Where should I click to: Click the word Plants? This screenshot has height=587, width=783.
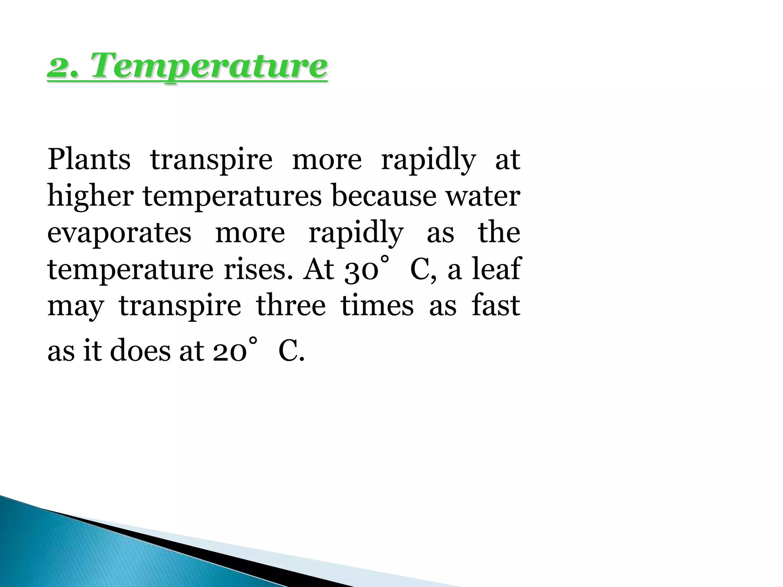click(89, 159)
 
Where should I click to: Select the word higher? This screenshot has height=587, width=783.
click(91, 196)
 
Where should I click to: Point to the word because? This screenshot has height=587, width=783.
click(384, 196)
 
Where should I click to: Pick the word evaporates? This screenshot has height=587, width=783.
click(119, 233)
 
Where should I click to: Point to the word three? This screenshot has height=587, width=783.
click(291, 305)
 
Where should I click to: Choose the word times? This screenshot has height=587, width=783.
click(377, 305)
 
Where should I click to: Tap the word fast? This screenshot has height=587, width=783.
click(496, 305)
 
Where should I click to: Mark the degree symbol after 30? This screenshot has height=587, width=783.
click(385, 259)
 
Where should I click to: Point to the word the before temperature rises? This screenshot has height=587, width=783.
click(499, 233)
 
